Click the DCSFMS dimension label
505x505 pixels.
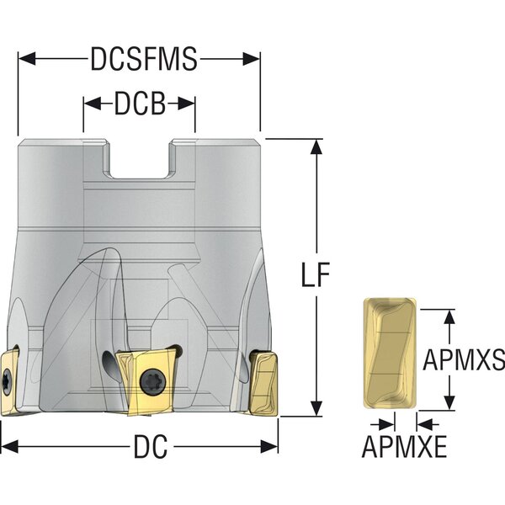(144, 59)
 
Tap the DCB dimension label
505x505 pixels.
(140, 104)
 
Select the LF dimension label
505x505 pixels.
(316, 274)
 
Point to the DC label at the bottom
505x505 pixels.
(151, 446)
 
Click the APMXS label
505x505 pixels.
(464, 359)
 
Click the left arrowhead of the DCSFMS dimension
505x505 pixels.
(27, 59)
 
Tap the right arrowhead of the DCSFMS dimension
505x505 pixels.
(251, 59)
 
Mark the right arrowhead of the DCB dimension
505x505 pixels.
(186, 104)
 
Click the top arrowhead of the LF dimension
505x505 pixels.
(316, 147)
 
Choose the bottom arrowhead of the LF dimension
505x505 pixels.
(316, 408)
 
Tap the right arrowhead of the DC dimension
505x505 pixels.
(269, 447)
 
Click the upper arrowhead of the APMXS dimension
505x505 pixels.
(449, 317)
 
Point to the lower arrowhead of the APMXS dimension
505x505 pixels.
(449, 402)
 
